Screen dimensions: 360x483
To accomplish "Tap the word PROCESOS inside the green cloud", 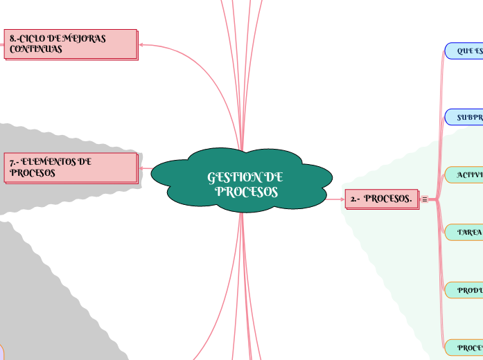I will (x=247, y=192).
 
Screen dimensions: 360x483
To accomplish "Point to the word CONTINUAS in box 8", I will (x=36, y=50).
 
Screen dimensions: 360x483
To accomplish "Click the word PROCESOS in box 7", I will (x=33, y=173).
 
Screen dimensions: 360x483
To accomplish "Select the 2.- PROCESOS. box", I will (x=381, y=199).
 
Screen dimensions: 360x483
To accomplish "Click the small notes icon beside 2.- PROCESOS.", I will (x=425, y=200).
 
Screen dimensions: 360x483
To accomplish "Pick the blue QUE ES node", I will (x=464, y=51).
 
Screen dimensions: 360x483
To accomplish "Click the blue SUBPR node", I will (x=464, y=118).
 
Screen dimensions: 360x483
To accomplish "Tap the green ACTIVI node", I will (x=464, y=174).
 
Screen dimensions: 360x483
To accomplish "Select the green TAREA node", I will (x=464, y=233).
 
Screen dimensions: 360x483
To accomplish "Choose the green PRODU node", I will (x=464, y=291).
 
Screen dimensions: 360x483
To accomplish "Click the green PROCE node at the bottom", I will (x=464, y=347).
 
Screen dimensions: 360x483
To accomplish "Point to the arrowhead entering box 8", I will (x=143, y=45).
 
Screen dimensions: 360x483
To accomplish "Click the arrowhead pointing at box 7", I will (x=143, y=168).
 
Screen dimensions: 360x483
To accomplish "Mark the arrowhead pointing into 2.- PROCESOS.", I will (x=342, y=199).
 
